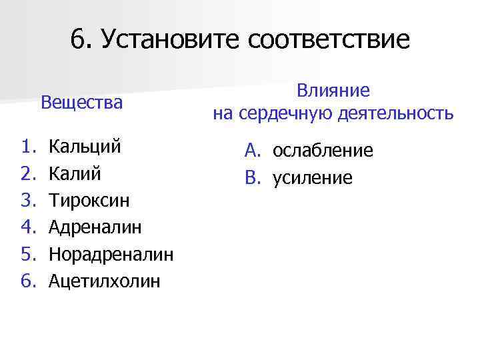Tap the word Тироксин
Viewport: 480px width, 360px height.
click(89, 201)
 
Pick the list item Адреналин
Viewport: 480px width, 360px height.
click(95, 227)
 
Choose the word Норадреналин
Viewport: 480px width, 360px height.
click(111, 254)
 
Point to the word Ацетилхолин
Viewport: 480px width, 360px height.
click(105, 281)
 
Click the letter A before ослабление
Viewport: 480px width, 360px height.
click(251, 151)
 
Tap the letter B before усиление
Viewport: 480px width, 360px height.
click(251, 178)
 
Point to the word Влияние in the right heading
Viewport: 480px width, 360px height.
click(333, 90)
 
